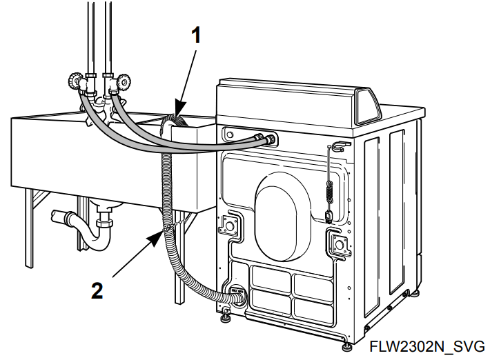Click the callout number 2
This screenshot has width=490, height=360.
[97, 290]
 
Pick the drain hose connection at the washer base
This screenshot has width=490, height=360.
[236, 295]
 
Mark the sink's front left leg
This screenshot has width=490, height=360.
[29, 228]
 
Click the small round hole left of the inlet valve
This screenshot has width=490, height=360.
[230, 134]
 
